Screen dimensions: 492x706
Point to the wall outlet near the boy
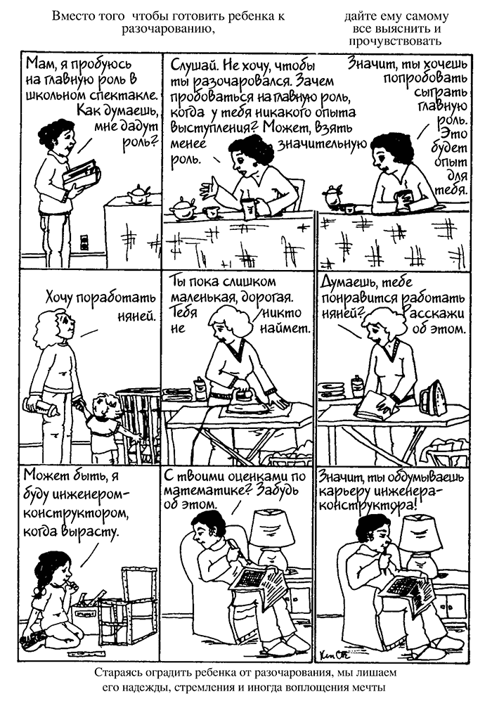point(84,242)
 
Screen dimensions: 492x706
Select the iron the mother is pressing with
point(245,400)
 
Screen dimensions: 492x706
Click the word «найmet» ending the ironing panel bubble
point(285,328)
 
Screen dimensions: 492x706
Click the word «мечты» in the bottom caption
point(371,688)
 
